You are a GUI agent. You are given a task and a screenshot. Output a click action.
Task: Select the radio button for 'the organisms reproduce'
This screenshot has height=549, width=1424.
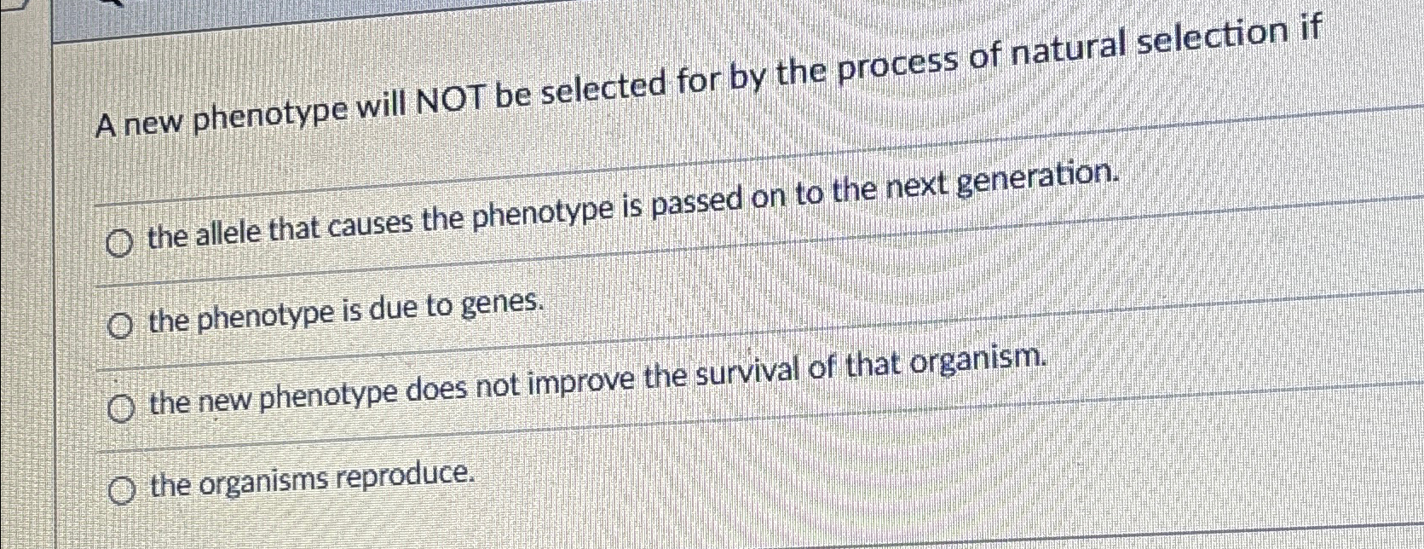pyautogui.click(x=123, y=491)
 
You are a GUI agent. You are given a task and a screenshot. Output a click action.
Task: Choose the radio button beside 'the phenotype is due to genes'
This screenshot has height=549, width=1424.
pyautogui.click(x=121, y=326)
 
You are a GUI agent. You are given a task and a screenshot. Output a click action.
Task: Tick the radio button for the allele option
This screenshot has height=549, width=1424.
pyautogui.click(x=120, y=245)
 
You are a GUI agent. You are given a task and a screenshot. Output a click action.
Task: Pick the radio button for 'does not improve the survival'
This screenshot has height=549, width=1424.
pyautogui.click(x=121, y=410)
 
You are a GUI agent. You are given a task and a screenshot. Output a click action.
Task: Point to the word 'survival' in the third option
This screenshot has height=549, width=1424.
pyautogui.click(x=766, y=372)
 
